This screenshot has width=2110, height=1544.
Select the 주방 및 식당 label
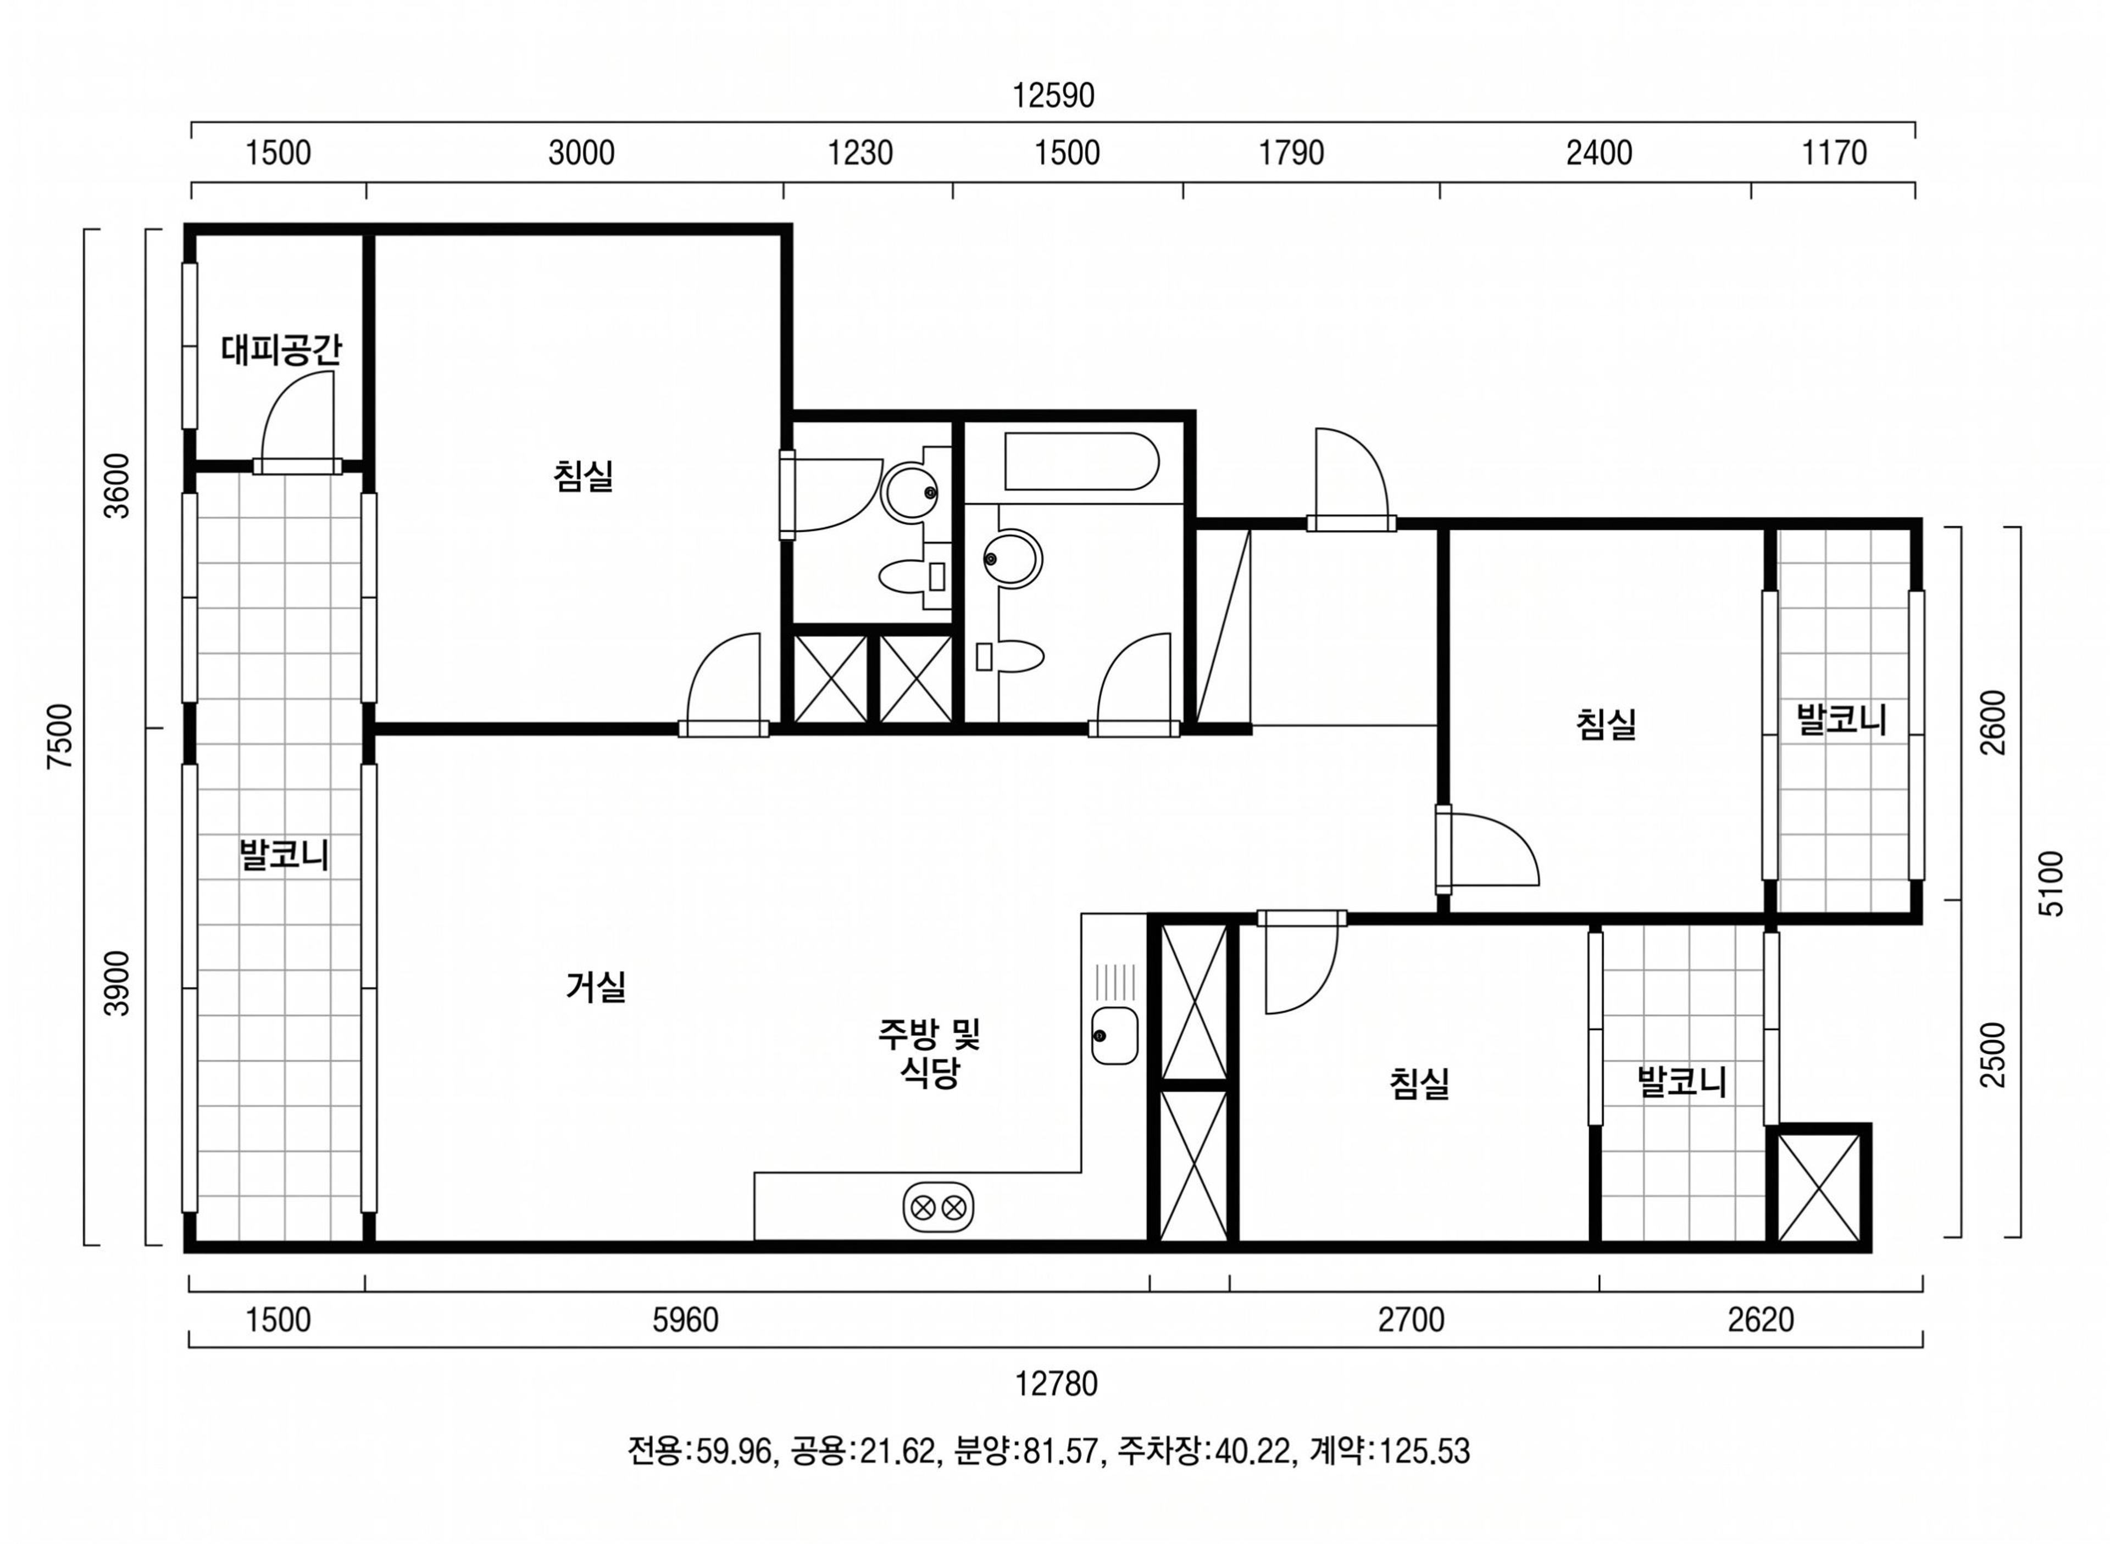[x=929, y=1052]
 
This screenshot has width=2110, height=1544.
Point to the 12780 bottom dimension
[x=1057, y=1383]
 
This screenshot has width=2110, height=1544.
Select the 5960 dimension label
[x=685, y=1320]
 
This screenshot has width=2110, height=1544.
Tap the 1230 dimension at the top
[x=860, y=152]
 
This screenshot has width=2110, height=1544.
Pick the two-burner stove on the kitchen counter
[x=937, y=1207]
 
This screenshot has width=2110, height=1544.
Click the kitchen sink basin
[x=1114, y=1035]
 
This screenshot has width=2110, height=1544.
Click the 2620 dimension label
[x=1761, y=1320]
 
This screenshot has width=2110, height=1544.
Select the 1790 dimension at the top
[x=1291, y=152]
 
